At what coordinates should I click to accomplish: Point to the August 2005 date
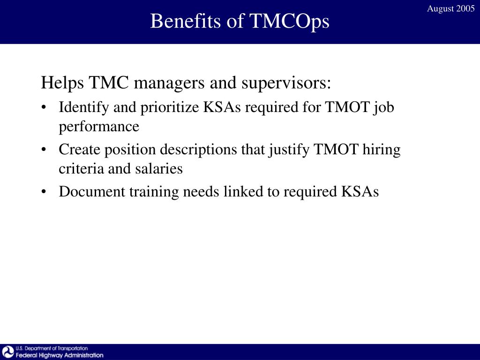click(450, 9)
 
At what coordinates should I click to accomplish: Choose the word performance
click(99, 127)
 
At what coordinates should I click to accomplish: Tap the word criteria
click(76, 168)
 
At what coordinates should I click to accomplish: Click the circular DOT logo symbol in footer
click(8, 352)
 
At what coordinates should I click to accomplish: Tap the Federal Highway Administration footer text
click(60, 355)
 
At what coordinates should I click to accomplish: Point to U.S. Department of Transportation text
click(52, 348)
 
